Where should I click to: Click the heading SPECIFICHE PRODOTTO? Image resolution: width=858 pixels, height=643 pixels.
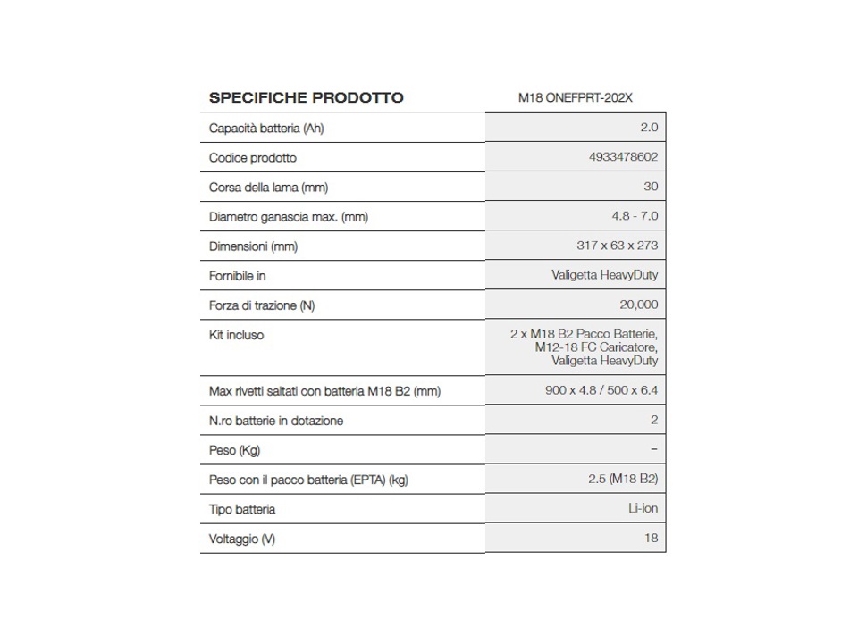point(306,97)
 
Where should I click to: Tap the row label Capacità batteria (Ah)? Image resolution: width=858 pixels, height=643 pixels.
point(266,128)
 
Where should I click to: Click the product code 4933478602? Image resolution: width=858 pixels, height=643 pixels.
point(624,157)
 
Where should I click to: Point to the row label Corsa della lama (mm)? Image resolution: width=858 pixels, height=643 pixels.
point(268,187)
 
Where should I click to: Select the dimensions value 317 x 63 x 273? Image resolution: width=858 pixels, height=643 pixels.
point(617,246)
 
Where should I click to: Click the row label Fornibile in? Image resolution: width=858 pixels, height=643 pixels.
point(237,275)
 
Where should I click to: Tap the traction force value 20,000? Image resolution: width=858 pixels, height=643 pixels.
point(638,305)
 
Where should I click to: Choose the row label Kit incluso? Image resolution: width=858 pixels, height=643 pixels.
point(236,335)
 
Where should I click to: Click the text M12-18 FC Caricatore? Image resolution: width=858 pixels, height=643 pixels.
point(596,347)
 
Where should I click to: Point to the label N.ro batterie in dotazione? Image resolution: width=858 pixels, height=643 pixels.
point(275,420)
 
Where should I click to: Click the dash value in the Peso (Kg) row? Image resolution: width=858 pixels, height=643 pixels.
point(654,449)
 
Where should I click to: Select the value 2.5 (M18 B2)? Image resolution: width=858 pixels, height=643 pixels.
point(623,479)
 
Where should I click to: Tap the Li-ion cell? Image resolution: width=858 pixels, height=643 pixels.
point(643,508)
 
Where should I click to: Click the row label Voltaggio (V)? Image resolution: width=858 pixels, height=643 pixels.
point(241,539)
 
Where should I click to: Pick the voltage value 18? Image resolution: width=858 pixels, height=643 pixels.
point(650,538)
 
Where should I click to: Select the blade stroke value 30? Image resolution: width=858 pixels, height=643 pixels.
point(650,187)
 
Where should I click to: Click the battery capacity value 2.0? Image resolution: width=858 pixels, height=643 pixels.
point(649,128)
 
